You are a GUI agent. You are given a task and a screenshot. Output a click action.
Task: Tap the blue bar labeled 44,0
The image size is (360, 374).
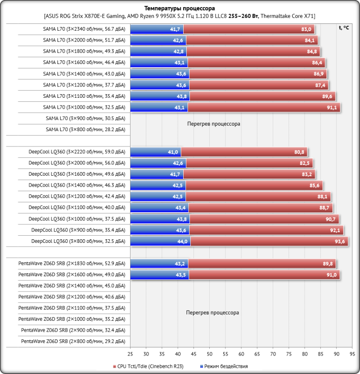click(x=160, y=241)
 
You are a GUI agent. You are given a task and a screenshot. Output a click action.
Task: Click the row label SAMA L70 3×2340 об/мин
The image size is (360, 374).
click(x=84, y=29)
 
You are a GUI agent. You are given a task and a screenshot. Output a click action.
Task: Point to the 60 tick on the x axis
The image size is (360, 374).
click(x=241, y=354)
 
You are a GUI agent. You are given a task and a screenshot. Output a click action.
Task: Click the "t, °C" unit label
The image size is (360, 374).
click(x=343, y=27)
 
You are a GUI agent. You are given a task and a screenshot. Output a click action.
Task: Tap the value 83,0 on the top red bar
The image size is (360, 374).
click(x=306, y=29)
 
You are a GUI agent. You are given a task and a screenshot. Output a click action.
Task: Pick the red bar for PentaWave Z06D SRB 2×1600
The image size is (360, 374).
click(x=264, y=274)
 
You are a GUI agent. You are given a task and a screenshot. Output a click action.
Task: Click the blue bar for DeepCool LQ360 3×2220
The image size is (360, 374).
click(x=156, y=152)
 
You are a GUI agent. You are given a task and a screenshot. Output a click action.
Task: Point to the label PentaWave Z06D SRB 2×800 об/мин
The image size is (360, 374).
click(x=73, y=342)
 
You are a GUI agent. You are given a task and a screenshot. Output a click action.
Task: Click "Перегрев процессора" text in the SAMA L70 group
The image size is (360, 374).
click(x=214, y=123)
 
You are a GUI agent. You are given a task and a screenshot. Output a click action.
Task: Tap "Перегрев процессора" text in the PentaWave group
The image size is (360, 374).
click(x=212, y=312)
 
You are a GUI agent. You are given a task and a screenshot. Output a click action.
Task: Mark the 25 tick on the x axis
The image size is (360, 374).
click(x=130, y=354)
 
